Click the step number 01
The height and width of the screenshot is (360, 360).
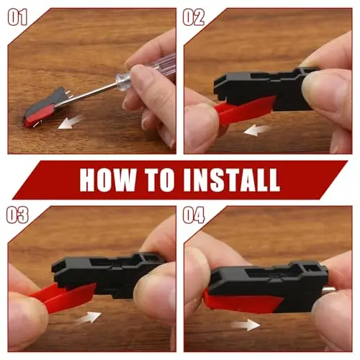coord(17,17)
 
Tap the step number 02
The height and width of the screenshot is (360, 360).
coord(194,17)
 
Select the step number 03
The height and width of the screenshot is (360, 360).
coord(17,215)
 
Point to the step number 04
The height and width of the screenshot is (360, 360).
coord(194,215)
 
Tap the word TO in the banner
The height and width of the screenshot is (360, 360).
coord(160,180)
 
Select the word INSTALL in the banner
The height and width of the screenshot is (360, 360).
coord(232,180)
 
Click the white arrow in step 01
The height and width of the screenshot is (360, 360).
coord(71,122)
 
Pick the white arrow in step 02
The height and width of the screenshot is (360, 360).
coord(256,130)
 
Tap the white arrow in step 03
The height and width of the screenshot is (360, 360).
coord(89,318)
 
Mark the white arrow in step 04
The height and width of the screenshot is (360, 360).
coord(246,325)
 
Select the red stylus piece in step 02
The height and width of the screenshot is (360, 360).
coord(243,110)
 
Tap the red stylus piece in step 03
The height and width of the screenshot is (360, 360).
coord(63,297)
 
